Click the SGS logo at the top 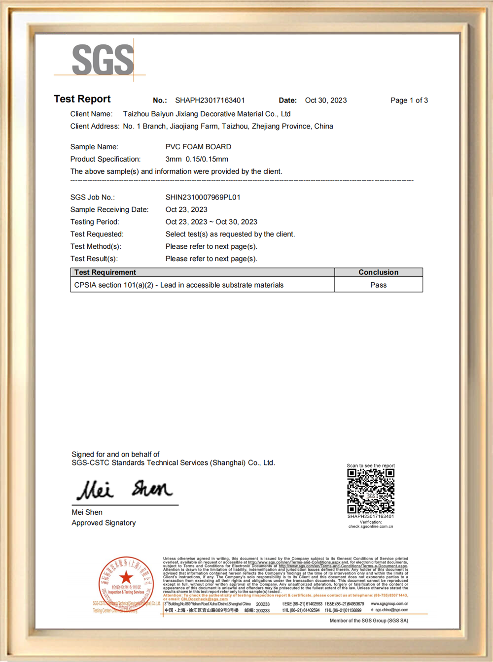[x=103, y=60]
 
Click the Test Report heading [x=82, y=99]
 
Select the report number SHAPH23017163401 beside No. [x=210, y=100]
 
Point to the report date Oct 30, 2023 [x=325, y=100]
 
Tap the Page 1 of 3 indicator [x=409, y=100]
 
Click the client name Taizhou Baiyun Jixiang [x=207, y=114]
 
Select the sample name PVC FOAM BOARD [x=198, y=147]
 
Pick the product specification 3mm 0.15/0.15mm [x=197, y=159]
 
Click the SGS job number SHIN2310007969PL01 [x=203, y=197]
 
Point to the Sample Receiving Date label [x=109, y=209]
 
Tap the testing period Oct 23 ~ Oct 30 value [x=211, y=222]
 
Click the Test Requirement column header [x=105, y=272]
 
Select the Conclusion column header [x=378, y=272]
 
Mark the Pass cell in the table [x=378, y=285]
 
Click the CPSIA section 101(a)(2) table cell [x=178, y=285]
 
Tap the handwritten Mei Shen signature [x=125, y=489]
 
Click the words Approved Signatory [x=104, y=523]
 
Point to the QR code [x=371, y=491]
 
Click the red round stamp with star [x=126, y=584]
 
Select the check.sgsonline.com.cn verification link [x=371, y=527]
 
